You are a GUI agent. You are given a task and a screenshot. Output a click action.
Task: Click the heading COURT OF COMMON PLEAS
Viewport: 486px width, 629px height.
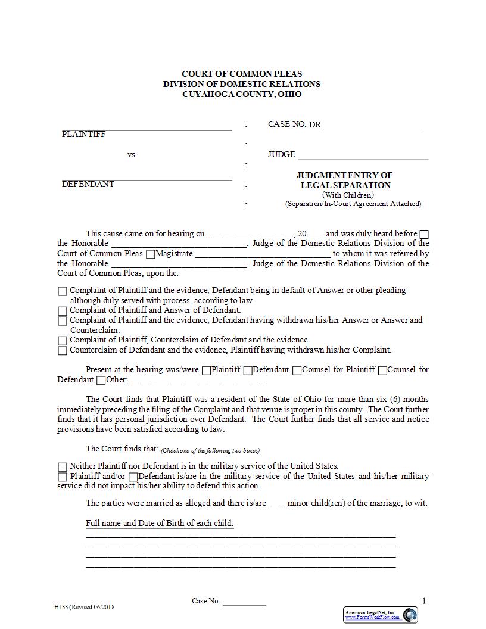pyautogui.click(x=242, y=74)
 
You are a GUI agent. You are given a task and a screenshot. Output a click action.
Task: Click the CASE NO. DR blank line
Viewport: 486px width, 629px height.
pyautogui.click(x=372, y=126)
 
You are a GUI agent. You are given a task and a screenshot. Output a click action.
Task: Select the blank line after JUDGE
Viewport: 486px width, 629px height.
pyautogui.click(x=363, y=156)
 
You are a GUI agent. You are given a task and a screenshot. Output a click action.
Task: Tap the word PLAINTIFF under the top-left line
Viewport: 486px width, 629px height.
pyautogui.click(x=83, y=135)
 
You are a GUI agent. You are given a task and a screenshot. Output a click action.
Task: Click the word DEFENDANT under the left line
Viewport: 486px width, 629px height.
pyautogui.click(x=88, y=184)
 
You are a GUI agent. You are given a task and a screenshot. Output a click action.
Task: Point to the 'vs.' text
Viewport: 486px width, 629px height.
pyautogui.click(x=132, y=155)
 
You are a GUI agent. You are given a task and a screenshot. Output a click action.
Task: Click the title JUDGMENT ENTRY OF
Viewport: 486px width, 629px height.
pyautogui.click(x=344, y=175)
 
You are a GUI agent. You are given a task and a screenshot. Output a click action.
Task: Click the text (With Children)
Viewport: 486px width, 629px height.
pyautogui.click(x=348, y=195)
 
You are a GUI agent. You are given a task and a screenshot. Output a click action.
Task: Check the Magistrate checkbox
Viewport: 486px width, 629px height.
pyautogui.click(x=150, y=254)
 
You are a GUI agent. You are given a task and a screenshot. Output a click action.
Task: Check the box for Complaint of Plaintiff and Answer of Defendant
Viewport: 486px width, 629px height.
pyautogui.click(x=63, y=311)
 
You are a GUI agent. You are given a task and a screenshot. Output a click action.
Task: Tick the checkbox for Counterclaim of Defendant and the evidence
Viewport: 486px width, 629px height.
pyautogui.click(x=63, y=351)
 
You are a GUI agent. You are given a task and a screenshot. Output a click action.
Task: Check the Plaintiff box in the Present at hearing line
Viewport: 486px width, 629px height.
pyautogui.click(x=206, y=370)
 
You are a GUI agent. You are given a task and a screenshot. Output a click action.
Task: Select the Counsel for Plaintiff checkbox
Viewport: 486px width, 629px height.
pyautogui.click(x=297, y=370)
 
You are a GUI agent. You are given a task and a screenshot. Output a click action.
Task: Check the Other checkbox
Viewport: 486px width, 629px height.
pyautogui.click(x=101, y=381)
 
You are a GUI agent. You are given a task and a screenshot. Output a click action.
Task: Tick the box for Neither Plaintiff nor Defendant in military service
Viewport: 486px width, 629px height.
pyautogui.click(x=63, y=467)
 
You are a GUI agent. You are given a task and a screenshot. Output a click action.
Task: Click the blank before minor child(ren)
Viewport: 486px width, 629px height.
pyautogui.click(x=276, y=504)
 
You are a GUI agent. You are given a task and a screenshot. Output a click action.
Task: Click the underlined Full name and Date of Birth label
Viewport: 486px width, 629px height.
pyautogui.click(x=160, y=524)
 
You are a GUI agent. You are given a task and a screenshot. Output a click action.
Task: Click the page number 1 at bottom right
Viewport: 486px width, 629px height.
pyautogui.click(x=424, y=601)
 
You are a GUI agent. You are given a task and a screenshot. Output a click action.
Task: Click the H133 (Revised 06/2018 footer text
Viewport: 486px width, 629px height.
pyautogui.click(x=84, y=607)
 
